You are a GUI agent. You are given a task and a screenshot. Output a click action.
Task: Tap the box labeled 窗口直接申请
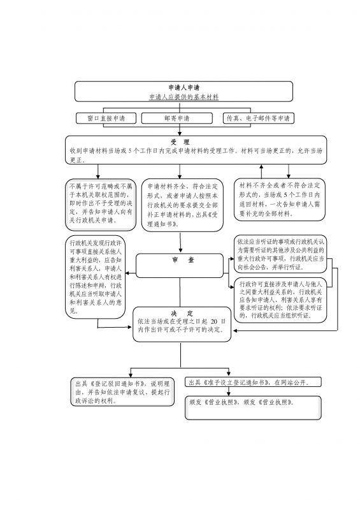point(106,118)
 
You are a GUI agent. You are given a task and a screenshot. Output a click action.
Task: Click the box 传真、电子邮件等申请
point(257,118)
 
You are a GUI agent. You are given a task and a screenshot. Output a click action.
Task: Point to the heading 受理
point(180,141)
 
